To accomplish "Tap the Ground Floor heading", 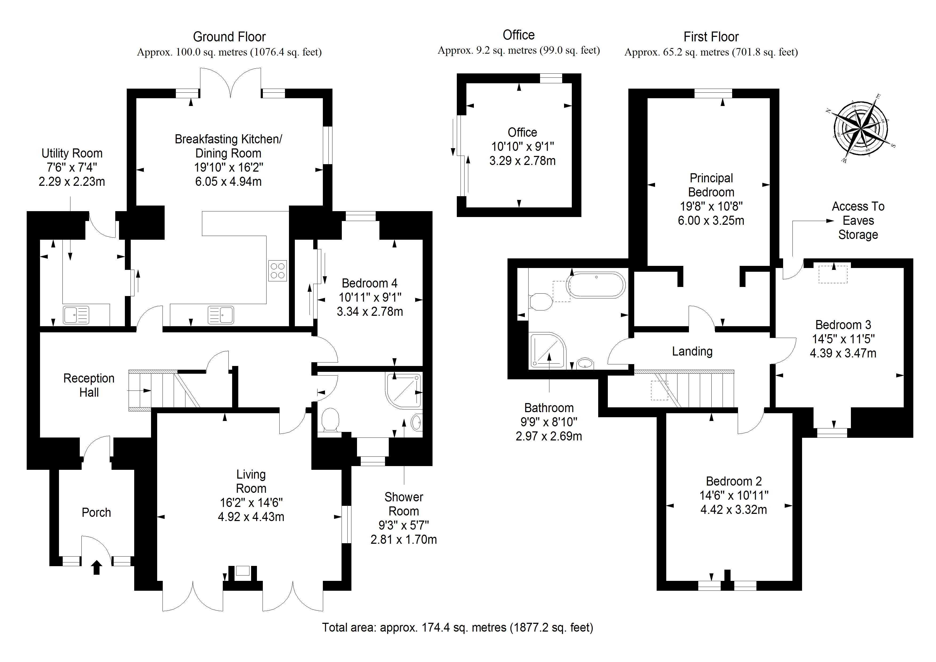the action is click(x=229, y=37).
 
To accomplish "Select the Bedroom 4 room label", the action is click(x=369, y=283).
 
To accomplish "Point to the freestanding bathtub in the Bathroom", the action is click(x=596, y=285).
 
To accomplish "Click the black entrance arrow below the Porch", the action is click(x=96, y=567).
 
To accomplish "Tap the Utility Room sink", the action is click(x=76, y=315).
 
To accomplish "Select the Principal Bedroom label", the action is click(x=711, y=185).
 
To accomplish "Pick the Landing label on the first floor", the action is click(x=692, y=351).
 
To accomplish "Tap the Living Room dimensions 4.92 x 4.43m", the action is click(x=251, y=517).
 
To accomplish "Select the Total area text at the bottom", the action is click(x=457, y=627).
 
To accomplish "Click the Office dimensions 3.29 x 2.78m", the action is click(x=522, y=161).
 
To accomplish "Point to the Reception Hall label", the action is click(x=89, y=385).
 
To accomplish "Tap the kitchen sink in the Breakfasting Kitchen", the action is click(x=221, y=315).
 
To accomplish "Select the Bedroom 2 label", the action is click(x=733, y=481).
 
